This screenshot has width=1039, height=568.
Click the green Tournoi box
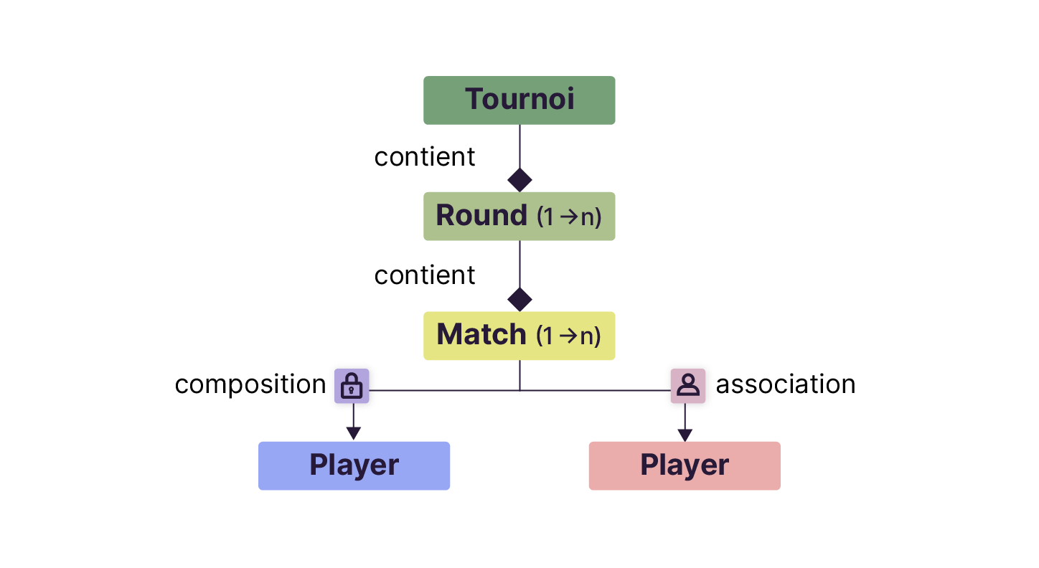coord(519,100)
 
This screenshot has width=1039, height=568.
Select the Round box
coord(519,216)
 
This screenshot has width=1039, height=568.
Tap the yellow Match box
coord(519,335)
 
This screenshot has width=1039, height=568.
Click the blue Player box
coord(354,465)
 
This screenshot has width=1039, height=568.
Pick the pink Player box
coord(685,465)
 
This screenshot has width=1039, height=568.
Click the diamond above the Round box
coord(519,179)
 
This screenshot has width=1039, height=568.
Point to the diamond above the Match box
coord(519,298)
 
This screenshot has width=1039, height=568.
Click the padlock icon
coord(352,386)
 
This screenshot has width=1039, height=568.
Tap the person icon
coord(687,386)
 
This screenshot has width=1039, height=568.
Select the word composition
coord(250,384)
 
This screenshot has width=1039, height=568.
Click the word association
coord(785,384)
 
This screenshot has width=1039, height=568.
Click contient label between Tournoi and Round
coord(425,157)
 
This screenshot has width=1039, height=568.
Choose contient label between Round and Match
coord(425,275)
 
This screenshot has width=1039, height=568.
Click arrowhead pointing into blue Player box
coord(353,433)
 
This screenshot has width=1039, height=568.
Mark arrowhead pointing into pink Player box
coord(685,435)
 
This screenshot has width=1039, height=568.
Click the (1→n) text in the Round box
coord(569,217)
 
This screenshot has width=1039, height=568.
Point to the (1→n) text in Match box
coord(569,336)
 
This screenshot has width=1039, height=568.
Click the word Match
coord(481,335)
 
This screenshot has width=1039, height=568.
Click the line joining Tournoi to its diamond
coord(519,146)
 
